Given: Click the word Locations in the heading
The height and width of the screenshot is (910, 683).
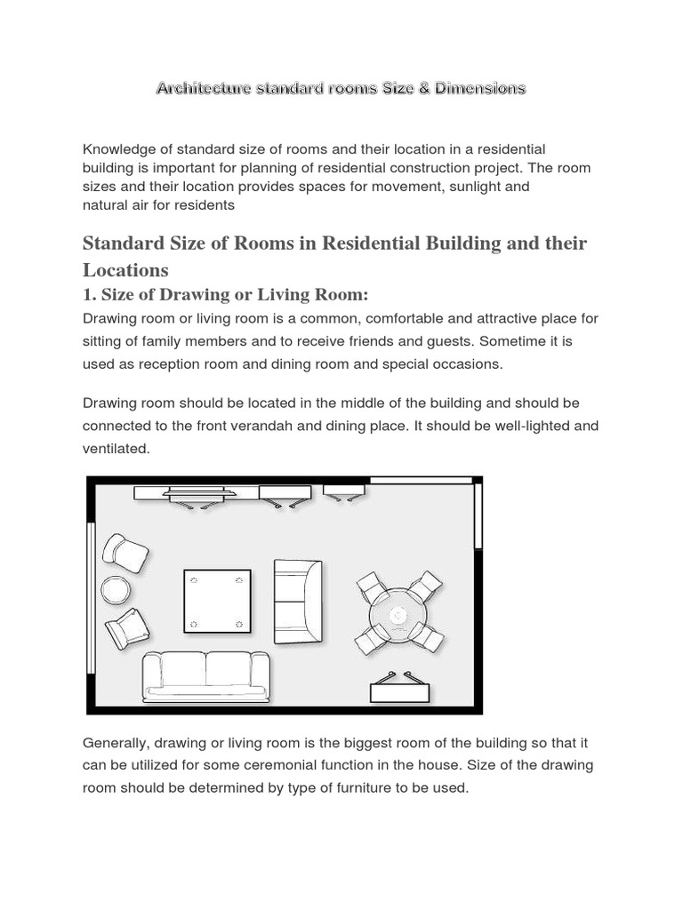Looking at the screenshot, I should [125, 269].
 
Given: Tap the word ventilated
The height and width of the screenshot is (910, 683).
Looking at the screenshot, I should [116, 450].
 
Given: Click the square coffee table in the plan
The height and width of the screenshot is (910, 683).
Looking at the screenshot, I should [218, 601].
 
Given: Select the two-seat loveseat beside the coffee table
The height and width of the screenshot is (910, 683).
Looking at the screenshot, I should [297, 595].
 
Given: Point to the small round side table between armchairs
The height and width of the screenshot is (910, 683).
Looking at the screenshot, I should [116, 590].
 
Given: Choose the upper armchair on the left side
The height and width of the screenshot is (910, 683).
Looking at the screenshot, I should [125, 553].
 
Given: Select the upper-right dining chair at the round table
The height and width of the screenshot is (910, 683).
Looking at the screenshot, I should [425, 586].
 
